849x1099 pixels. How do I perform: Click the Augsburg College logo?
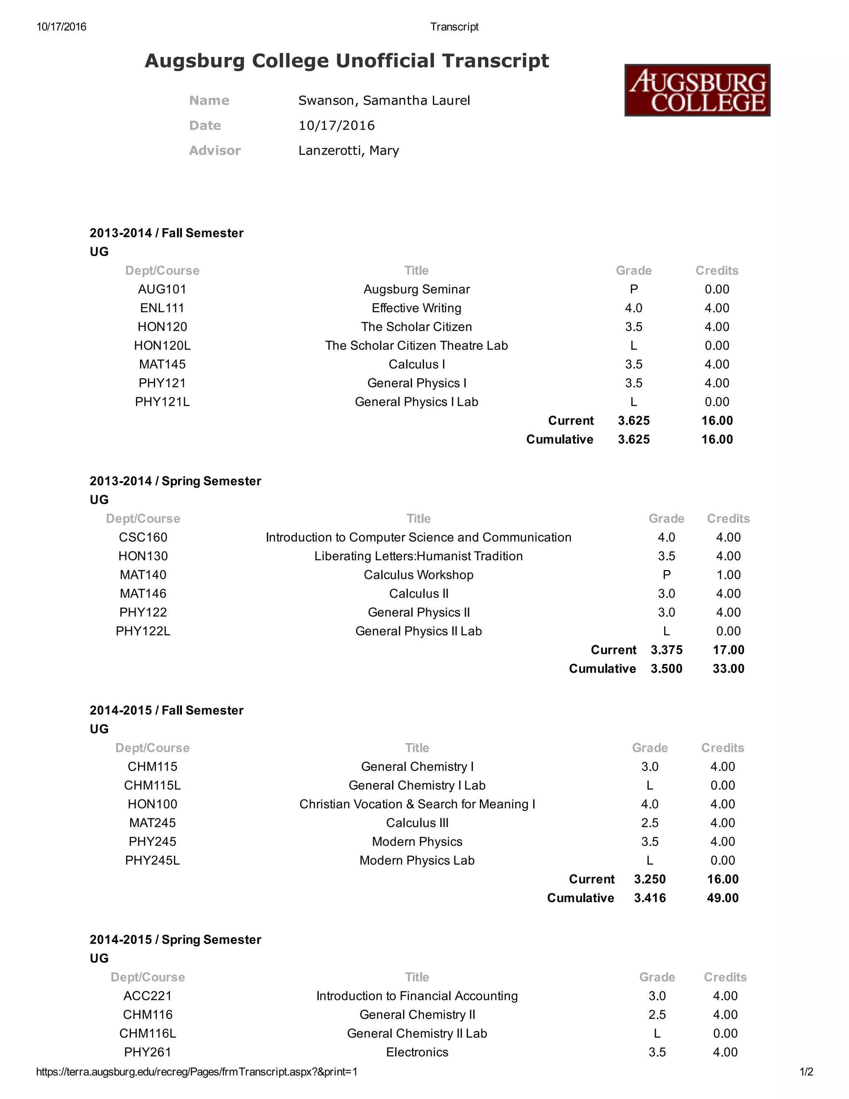point(697,90)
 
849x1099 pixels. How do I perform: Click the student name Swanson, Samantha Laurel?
point(384,101)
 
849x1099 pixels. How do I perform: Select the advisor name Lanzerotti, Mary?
point(349,151)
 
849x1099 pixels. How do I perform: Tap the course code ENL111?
point(162,308)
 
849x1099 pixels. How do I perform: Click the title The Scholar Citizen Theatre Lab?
point(417,346)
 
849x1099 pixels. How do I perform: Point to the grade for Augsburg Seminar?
point(633,289)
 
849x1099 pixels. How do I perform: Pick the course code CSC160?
point(143,537)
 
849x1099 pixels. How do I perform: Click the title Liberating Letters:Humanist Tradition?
point(418,556)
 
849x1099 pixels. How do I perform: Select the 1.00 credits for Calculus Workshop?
point(728,575)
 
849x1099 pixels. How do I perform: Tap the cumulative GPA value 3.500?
point(667,669)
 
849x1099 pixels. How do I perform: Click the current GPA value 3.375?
point(667,650)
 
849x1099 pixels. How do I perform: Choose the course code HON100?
point(153,804)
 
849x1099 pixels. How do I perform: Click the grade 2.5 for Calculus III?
point(650,823)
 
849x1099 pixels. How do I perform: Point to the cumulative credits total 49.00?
point(722,898)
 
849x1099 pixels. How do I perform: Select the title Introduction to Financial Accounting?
point(417,996)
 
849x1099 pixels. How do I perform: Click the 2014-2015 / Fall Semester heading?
point(167,710)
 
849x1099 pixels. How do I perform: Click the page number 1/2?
point(806,1072)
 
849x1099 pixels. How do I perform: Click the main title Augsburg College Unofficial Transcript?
point(347,61)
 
